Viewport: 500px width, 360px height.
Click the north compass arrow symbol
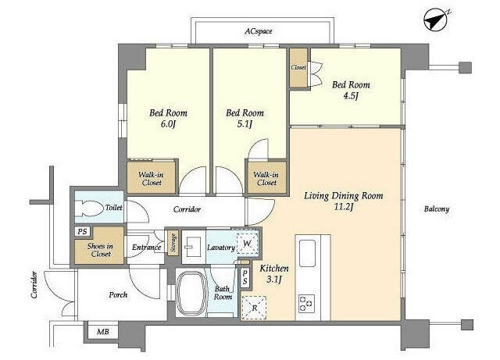[436, 20]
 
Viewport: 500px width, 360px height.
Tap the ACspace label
[259, 31]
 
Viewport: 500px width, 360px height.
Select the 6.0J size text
[168, 124]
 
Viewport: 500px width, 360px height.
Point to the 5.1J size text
[245, 124]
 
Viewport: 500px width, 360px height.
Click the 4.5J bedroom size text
[351, 95]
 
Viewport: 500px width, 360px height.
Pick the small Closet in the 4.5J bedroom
[298, 68]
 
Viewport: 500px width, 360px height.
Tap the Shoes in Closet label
[100, 250]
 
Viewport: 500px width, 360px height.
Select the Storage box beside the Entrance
[173, 243]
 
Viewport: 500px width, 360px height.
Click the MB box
[102, 332]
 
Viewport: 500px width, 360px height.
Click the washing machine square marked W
[247, 244]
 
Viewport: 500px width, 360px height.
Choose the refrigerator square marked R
[254, 308]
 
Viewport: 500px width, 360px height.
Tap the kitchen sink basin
[307, 254]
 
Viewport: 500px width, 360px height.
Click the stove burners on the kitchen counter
[307, 303]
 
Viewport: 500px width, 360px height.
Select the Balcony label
[437, 209]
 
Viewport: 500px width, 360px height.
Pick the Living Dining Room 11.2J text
[344, 201]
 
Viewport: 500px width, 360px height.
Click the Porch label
[118, 295]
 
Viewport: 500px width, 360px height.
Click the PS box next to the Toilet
[83, 231]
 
